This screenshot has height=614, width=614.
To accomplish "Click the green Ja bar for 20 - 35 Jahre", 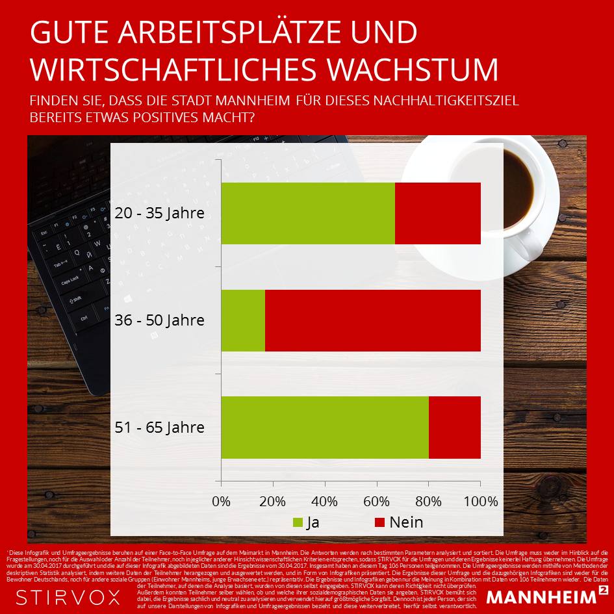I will tap(308, 213).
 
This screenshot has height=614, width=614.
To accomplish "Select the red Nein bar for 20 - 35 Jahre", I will tap(437, 213).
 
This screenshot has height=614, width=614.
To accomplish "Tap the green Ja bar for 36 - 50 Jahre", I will tap(243, 320).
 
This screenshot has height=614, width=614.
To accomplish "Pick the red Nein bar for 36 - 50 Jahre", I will tap(372, 320).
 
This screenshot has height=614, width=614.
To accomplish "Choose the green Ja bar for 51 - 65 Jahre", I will tap(325, 427).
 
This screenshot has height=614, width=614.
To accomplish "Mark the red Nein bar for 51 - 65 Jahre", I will tap(454, 427).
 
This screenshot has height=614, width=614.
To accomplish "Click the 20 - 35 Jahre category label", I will tap(159, 213).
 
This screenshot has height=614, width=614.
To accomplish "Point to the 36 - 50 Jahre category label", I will tap(159, 320).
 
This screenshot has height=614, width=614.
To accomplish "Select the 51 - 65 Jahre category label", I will tap(159, 428).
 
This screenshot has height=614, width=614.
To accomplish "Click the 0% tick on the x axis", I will tap(222, 502).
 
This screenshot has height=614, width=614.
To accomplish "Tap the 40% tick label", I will tap(325, 502).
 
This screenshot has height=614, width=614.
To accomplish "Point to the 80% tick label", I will tap(428, 502).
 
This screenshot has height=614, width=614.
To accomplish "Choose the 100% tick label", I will tap(480, 502).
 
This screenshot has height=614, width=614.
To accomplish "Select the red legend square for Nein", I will tap(380, 522).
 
